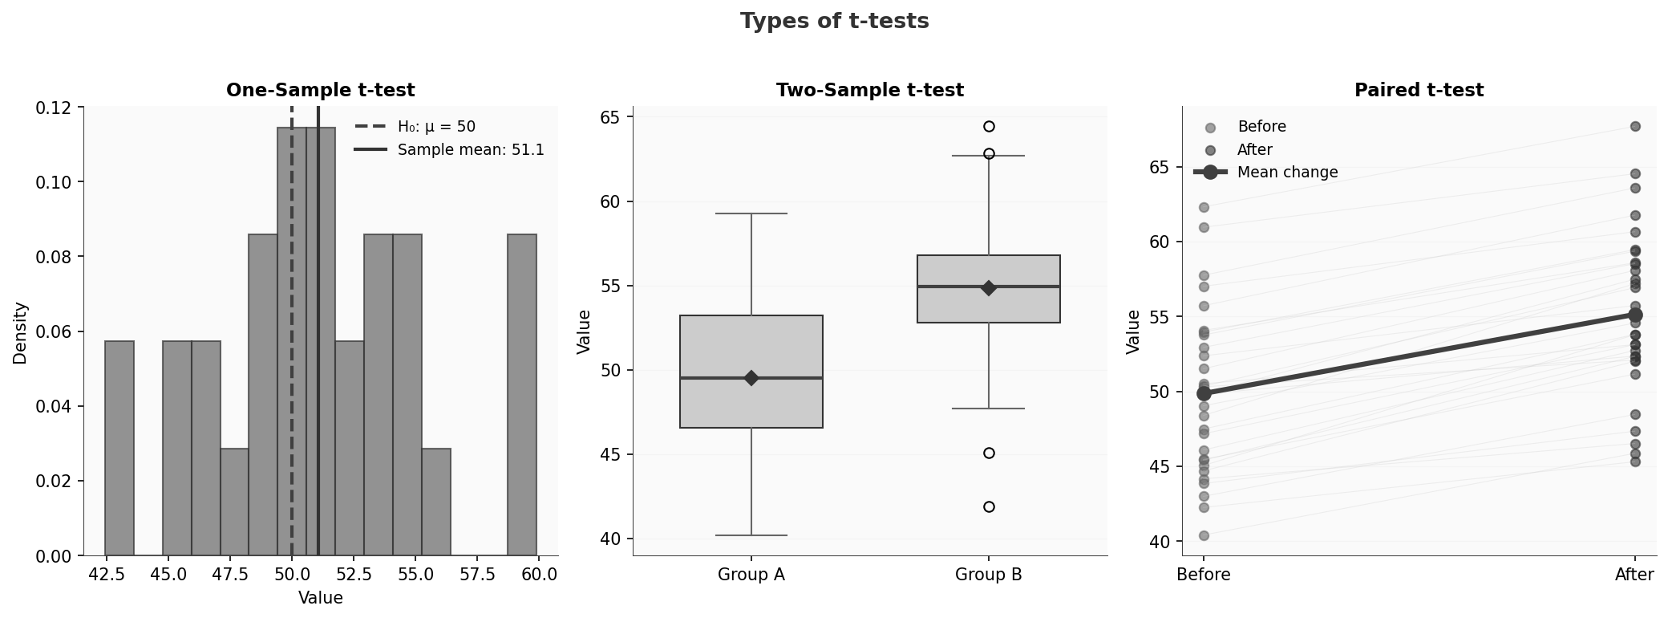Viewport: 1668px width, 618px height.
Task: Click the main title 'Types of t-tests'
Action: coord(834,22)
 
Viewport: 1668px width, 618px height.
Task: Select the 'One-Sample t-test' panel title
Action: coord(320,91)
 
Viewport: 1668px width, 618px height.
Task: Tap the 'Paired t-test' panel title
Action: coord(1419,91)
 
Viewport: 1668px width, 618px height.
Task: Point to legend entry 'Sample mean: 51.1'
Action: coord(471,150)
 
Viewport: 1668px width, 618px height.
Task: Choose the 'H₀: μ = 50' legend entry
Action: coord(436,127)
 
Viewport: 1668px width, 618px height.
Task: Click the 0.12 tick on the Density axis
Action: coord(59,108)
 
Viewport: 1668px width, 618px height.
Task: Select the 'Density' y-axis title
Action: coord(20,332)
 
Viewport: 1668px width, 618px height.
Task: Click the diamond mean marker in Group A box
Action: coord(751,378)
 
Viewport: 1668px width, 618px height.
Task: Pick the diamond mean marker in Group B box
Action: coord(989,288)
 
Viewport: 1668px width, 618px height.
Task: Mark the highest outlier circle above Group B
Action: coord(989,127)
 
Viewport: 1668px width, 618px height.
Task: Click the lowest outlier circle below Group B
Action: coord(989,506)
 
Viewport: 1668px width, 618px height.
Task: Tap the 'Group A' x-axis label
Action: coord(751,575)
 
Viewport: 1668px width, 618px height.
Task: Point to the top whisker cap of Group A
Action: coord(751,213)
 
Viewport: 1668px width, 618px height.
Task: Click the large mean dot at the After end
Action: coord(1635,315)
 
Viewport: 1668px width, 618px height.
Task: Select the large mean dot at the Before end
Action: coord(1204,393)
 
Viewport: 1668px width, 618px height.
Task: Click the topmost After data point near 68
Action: coord(1635,127)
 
